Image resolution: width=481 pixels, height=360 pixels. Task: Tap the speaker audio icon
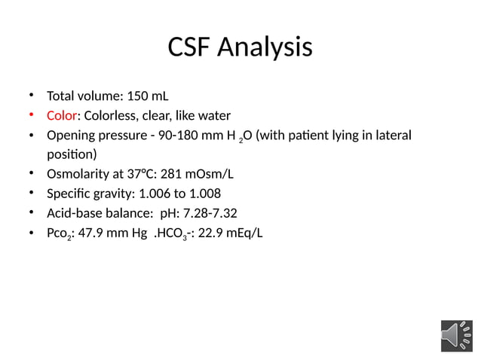click(457, 335)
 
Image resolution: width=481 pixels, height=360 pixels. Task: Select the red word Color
click(62, 116)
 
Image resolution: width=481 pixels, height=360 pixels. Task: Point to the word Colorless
click(109, 116)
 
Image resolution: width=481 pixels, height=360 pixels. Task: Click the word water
click(213, 116)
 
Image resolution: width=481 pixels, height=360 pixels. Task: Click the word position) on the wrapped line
click(72, 155)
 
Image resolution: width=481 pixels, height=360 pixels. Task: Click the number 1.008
click(203, 194)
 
